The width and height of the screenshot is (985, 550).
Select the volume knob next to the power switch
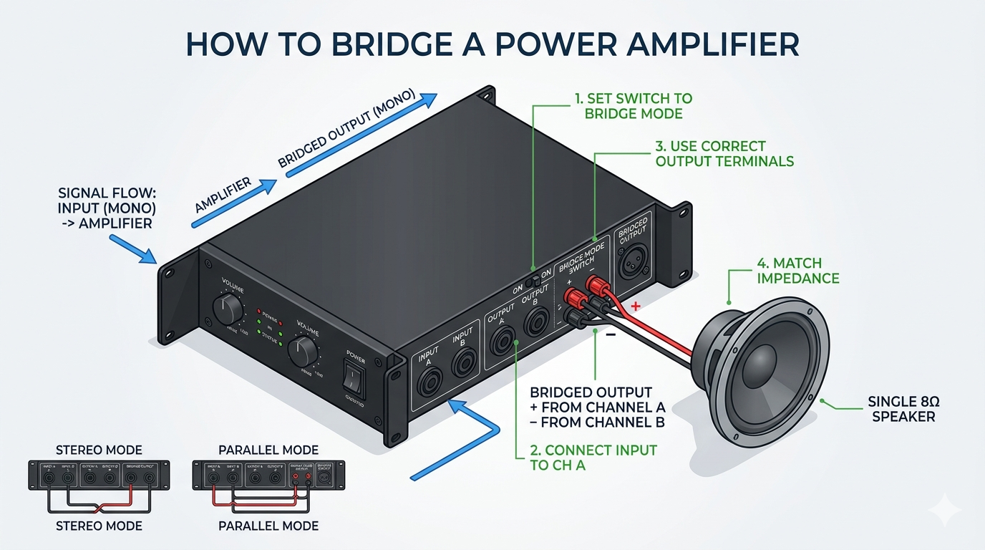coord(306,350)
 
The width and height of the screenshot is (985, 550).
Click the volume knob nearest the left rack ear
coord(228,309)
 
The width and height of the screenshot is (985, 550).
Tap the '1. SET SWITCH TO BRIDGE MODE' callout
coord(633,105)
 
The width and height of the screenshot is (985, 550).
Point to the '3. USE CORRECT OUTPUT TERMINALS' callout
coord(724,153)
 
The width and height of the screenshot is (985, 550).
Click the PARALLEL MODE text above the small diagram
coord(268,450)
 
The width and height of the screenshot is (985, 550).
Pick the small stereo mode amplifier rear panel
coord(99,475)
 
